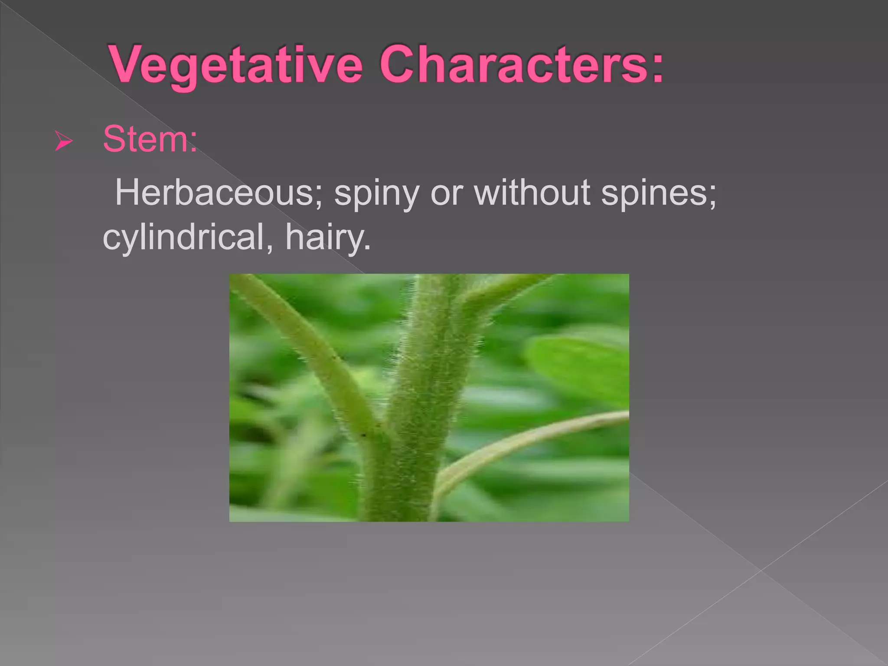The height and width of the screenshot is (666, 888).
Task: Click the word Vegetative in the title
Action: pyautogui.click(x=236, y=65)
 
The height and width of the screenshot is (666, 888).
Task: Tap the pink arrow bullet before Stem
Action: pyautogui.click(x=63, y=141)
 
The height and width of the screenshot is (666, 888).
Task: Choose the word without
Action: pyautogui.click(x=532, y=193)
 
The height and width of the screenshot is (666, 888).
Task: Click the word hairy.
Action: pyautogui.click(x=328, y=238)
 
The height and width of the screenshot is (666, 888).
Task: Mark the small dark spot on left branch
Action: pyautogui.click(x=363, y=435)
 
